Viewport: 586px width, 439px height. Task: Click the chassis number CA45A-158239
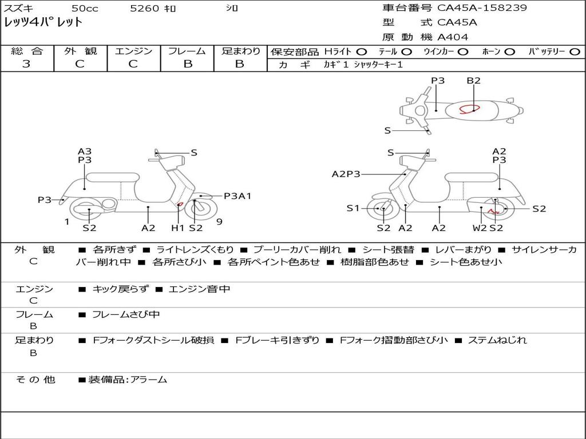(482, 8)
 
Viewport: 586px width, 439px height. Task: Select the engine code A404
(453, 37)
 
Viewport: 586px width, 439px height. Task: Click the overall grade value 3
(26, 64)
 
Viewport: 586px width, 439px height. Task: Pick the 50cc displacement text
(85, 8)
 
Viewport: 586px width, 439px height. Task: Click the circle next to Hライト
(362, 51)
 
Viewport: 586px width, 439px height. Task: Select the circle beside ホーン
(510, 51)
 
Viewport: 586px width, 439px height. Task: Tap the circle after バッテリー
(575, 51)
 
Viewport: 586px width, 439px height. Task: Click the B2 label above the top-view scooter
(473, 81)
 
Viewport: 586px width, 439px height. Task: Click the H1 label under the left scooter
(178, 228)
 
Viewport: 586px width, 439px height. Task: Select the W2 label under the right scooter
(480, 228)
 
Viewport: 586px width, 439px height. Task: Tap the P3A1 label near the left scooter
(237, 196)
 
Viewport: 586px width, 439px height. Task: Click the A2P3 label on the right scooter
(346, 174)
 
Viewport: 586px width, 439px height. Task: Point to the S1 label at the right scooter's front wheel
(353, 209)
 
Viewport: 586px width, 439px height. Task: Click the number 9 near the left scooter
(219, 222)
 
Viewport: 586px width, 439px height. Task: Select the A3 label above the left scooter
(85, 151)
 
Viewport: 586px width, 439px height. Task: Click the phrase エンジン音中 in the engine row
(200, 289)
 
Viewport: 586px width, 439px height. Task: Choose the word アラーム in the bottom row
(149, 379)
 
